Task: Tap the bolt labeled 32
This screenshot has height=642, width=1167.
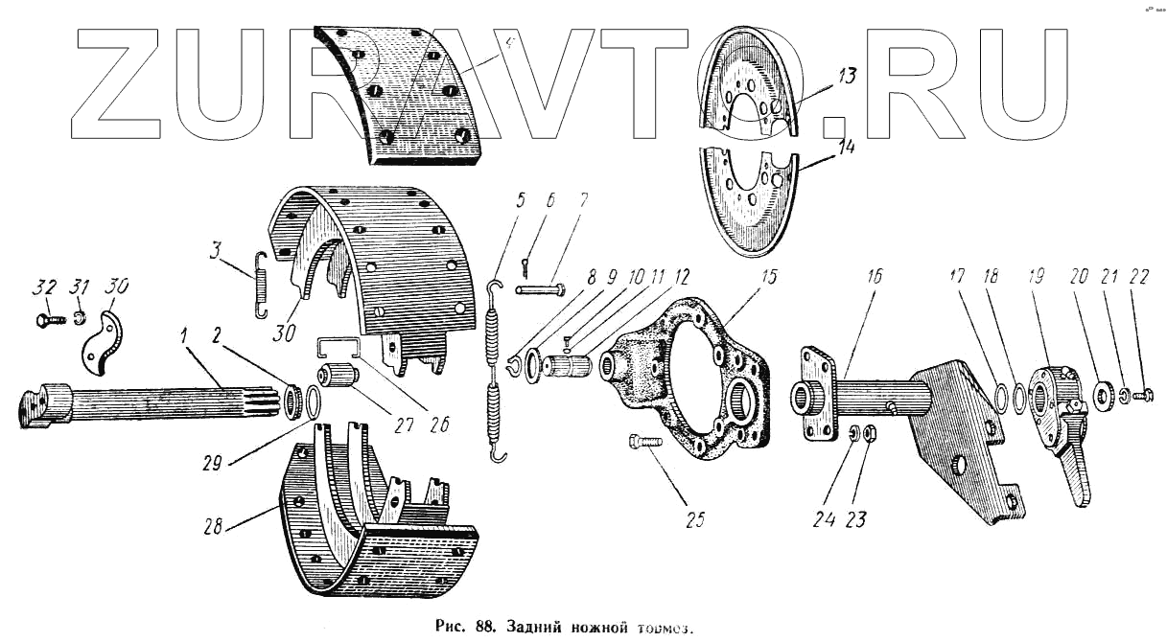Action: pyautogui.click(x=47, y=317)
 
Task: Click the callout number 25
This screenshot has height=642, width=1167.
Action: pyautogui.click(x=695, y=520)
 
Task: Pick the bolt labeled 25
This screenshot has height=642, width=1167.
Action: pyautogui.click(x=645, y=443)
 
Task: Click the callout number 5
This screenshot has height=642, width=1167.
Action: pyautogui.click(x=521, y=202)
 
